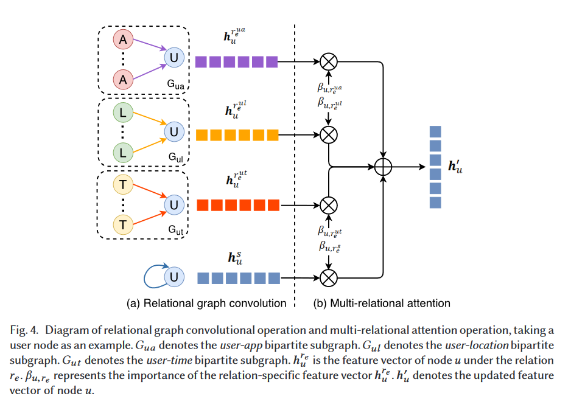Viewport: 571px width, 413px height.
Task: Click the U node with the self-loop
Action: (174, 277)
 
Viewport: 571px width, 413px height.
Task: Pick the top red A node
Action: (124, 40)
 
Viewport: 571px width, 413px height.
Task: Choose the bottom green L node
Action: (124, 152)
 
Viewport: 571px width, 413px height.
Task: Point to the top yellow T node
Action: (124, 182)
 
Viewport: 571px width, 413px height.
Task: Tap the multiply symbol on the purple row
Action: (329, 61)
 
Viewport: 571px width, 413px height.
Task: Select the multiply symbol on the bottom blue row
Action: (329, 278)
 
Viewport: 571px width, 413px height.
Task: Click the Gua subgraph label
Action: (177, 83)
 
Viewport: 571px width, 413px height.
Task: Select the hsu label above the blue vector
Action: (236, 258)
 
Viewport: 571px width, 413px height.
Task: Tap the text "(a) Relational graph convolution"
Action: (206, 303)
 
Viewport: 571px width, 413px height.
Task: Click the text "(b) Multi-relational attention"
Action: (382, 303)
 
